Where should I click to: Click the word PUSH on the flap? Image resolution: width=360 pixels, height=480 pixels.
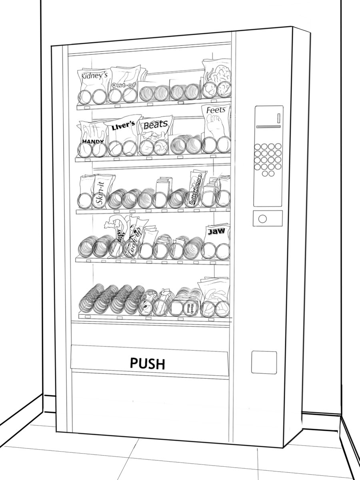coord(148,363)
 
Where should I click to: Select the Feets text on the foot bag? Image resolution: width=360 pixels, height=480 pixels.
coord(216,110)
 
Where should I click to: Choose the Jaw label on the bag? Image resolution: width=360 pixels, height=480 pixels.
coord(216,231)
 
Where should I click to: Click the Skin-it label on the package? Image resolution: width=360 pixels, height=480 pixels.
coord(100,196)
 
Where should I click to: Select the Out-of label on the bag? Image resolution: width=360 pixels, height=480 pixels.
coord(122,84)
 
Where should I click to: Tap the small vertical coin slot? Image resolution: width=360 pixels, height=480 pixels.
coord(278,118)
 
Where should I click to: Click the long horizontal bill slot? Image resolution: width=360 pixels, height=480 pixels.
coord(268,126)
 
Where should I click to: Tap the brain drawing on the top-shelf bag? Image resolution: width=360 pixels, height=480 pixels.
coord(218,74)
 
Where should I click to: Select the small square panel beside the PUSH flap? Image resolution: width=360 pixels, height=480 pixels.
coord(264,362)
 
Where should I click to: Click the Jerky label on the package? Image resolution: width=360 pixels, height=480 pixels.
coord(120,236)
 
